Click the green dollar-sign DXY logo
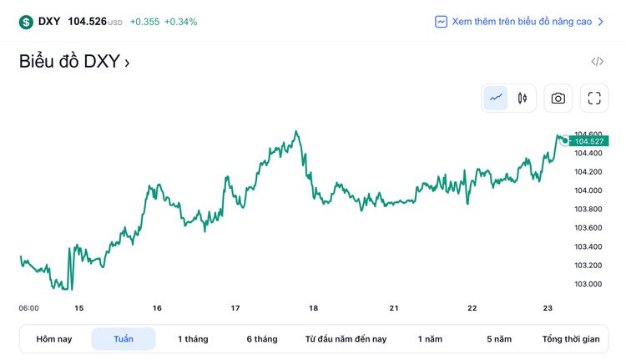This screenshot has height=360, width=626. [x=26, y=22]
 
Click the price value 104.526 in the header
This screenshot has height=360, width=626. [x=87, y=22]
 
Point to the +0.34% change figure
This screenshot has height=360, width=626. [x=181, y=22]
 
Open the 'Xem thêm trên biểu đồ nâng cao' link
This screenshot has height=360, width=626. [x=522, y=22]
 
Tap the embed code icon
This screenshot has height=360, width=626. [x=597, y=62]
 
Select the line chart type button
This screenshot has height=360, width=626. [x=496, y=98]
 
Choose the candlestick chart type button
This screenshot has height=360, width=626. [x=523, y=98]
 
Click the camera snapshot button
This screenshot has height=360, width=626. [x=558, y=98]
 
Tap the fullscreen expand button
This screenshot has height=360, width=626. [x=594, y=98]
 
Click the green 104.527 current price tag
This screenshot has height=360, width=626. [x=588, y=141]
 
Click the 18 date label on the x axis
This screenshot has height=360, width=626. [x=314, y=308]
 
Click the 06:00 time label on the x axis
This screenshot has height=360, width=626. [x=28, y=308]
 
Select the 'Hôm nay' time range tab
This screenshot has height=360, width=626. [x=54, y=339]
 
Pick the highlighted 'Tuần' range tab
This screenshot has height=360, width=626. [x=124, y=339]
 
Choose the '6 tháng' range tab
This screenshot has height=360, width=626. [x=262, y=339]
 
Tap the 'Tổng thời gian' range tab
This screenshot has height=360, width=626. [x=571, y=339]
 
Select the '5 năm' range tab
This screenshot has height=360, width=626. [x=499, y=339]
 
